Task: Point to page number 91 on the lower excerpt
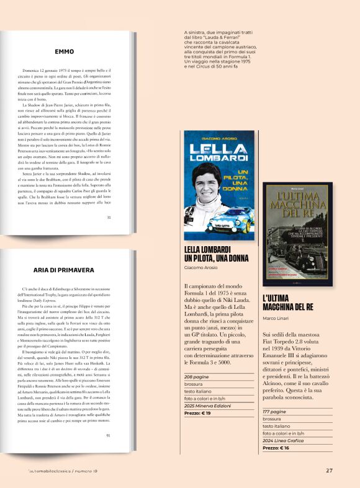(109, 435)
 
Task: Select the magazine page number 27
(329, 470)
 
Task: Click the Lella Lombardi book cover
(219, 185)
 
